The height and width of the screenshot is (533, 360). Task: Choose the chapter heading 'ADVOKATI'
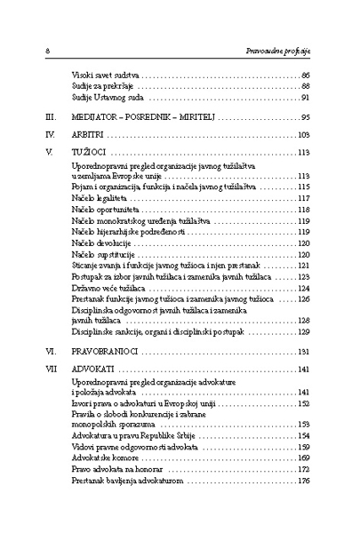coord(92,369)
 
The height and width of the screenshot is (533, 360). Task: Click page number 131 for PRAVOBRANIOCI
coord(302,352)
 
